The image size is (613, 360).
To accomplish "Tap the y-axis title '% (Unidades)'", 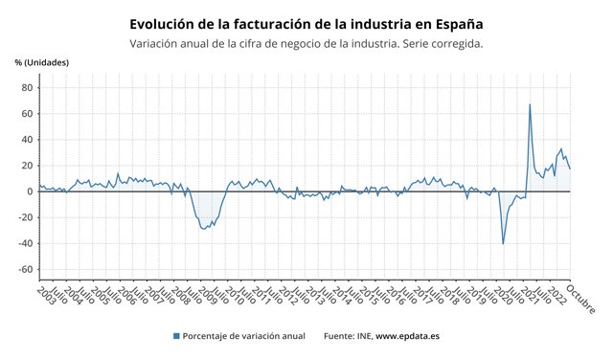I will pyautogui.click(x=41, y=63).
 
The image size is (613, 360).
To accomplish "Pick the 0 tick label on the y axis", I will pyautogui.click(x=30, y=191).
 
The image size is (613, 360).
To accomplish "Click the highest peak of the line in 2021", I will pyautogui.click(x=530, y=104).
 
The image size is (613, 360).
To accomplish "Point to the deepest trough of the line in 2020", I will pyautogui.click(x=504, y=243).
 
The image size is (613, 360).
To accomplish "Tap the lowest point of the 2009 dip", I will pyautogui.click(x=203, y=230).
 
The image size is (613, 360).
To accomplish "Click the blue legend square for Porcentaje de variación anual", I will pyautogui.click(x=176, y=336).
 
